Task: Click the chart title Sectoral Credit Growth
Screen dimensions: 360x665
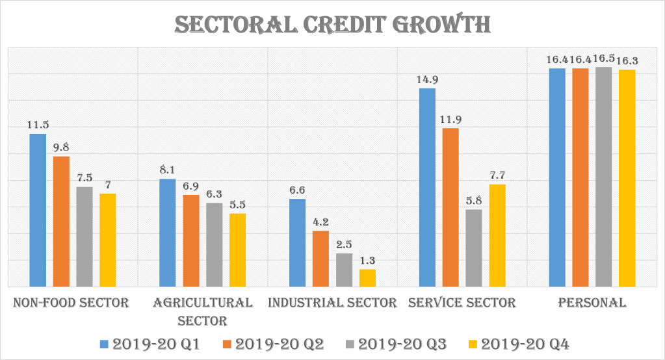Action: click(332, 25)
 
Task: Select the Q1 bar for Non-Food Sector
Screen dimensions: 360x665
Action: click(38, 210)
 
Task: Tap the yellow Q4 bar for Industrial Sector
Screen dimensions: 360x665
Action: click(367, 277)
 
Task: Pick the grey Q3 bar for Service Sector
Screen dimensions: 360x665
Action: click(474, 248)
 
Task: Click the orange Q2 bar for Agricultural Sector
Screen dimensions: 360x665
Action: click(191, 240)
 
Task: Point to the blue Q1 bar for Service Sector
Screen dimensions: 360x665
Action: click(427, 187)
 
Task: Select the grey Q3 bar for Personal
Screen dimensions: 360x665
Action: click(604, 176)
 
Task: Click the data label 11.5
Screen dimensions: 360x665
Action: click(38, 124)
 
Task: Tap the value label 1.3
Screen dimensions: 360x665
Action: click(367, 260)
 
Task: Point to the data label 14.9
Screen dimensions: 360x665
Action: click(427, 79)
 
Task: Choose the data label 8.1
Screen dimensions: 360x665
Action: click(168, 170)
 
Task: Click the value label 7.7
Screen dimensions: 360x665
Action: click(497, 175)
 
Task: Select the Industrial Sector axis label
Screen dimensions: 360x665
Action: click(332, 303)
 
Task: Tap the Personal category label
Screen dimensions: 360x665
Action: click(592, 303)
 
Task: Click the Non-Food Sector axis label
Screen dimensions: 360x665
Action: click(71, 303)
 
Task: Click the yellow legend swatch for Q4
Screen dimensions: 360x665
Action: click(473, 343)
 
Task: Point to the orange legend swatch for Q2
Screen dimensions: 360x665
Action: click(228, 343)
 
